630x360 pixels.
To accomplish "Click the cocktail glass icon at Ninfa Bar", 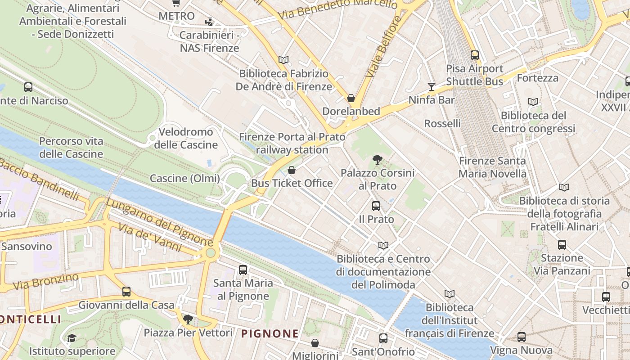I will coord(432,86).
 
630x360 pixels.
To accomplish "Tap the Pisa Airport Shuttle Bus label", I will coord(474,75).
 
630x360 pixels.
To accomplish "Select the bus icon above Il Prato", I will coord(376,206).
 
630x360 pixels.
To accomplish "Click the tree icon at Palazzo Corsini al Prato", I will coord(377,159).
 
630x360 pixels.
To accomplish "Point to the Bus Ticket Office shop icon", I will coord(292,170).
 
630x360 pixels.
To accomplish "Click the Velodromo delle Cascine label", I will coord(186,139).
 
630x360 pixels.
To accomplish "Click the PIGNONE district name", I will coord(270,333).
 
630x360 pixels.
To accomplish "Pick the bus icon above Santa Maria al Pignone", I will coord(243,270).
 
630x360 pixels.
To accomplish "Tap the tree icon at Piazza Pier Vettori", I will coord(188,319).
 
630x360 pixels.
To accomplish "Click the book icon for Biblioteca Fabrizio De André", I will coord(283,60).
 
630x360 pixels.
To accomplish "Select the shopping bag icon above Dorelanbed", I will coord(351,98).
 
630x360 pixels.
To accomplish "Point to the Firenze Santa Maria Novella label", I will coord(492,167).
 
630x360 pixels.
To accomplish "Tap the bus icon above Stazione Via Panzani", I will coord(562,245).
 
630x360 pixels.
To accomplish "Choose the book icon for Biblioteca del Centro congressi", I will coord(533,102).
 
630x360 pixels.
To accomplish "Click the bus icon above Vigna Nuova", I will coord(521,337).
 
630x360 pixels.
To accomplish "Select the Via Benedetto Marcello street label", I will coord(337,9).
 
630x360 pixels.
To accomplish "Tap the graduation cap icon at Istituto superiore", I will coord(72,338).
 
